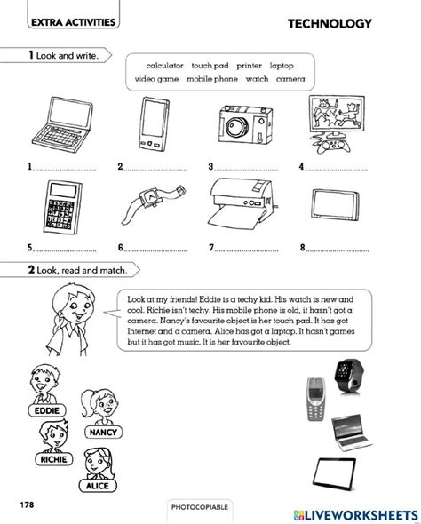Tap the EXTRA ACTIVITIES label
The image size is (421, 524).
click(61, 25)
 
